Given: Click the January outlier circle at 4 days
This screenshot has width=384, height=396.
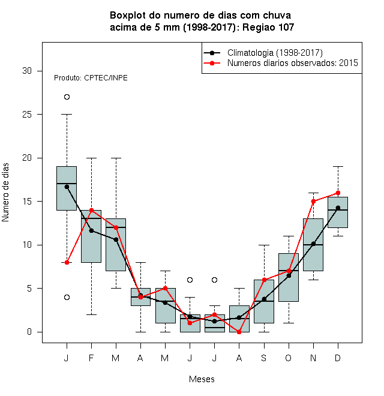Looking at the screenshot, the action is (67, 297).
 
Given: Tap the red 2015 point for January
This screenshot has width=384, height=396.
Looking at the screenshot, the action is (67, 262).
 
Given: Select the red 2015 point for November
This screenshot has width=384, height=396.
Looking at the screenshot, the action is (313, 201).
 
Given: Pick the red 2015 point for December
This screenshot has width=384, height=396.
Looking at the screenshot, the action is (338, 193).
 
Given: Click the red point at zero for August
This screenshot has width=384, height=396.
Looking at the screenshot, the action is (239, 332).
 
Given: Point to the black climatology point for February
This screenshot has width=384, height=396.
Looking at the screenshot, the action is (91, 230).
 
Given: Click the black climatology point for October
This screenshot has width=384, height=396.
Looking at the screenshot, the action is (289, 275).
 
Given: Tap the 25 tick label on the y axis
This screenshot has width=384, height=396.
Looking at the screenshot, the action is (27, 115).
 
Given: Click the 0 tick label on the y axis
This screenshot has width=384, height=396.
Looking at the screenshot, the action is (29, 332).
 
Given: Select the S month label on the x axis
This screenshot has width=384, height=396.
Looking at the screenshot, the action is (264, 358).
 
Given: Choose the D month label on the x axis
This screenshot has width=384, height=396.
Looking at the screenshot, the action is (338, 358).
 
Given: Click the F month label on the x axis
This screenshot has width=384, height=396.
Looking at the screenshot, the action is (91, 358).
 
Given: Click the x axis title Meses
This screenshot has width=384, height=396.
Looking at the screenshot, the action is (202, 379).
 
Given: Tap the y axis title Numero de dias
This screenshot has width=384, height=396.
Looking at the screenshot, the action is (5, 193).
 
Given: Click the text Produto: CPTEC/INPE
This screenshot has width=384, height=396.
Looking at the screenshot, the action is (91, 78).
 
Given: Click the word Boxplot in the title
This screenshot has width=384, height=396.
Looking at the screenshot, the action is (128, 16).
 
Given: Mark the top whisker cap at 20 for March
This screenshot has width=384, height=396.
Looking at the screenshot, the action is (116, 158).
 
